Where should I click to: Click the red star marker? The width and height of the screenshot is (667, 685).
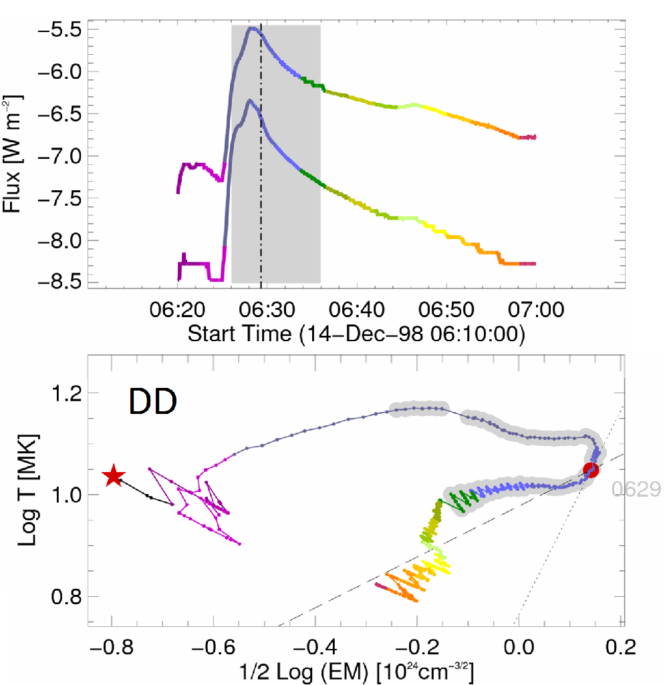114,476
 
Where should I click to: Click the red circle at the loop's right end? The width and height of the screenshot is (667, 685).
591,470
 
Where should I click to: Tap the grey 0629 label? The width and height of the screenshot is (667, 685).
636,490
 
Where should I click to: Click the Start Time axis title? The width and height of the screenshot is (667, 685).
356,333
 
